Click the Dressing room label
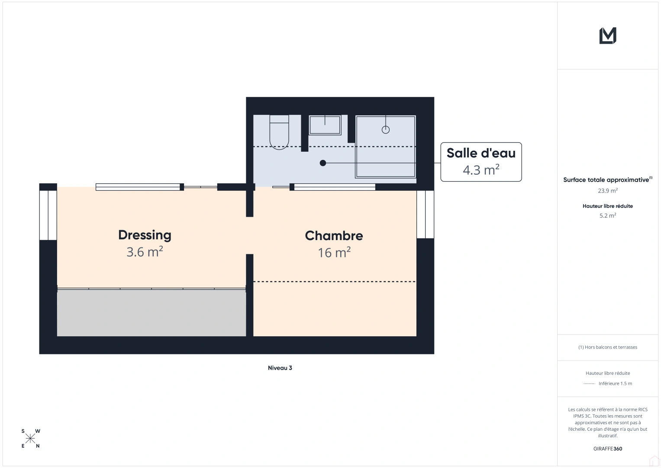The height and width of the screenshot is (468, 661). click(x=145, y=235)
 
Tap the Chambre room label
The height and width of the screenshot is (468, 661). click(x=334, y=236)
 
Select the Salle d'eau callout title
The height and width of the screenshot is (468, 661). click(x=481, y=153)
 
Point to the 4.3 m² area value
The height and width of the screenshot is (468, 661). click(x=481, y=170)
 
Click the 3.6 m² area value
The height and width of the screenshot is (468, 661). click(x=145, y=252)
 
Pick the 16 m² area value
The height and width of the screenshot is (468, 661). click(x=334, y=253)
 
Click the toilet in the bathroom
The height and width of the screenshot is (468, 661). click(x=279, y=132)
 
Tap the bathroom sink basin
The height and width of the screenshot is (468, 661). click(x=325, y=125)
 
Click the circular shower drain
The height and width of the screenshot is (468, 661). click(x=386, y=130)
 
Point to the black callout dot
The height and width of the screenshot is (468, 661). click(x=323, y=163)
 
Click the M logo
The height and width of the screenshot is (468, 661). click(x=608, y=36)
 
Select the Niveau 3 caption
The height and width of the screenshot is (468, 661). click(x=280, y=368)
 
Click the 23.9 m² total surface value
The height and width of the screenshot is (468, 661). click(x=608, y=191)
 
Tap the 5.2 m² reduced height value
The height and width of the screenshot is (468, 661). click(x=608, y=215)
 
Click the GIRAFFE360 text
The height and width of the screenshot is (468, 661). click(x=608, y=448)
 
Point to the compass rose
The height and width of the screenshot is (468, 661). click(x=30, y=439)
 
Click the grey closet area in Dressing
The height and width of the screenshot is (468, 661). click(x=152, y=312)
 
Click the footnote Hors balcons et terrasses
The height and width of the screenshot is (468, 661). click(x=608, y=347)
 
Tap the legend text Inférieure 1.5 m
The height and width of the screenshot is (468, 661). click(x=615, y=383)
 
